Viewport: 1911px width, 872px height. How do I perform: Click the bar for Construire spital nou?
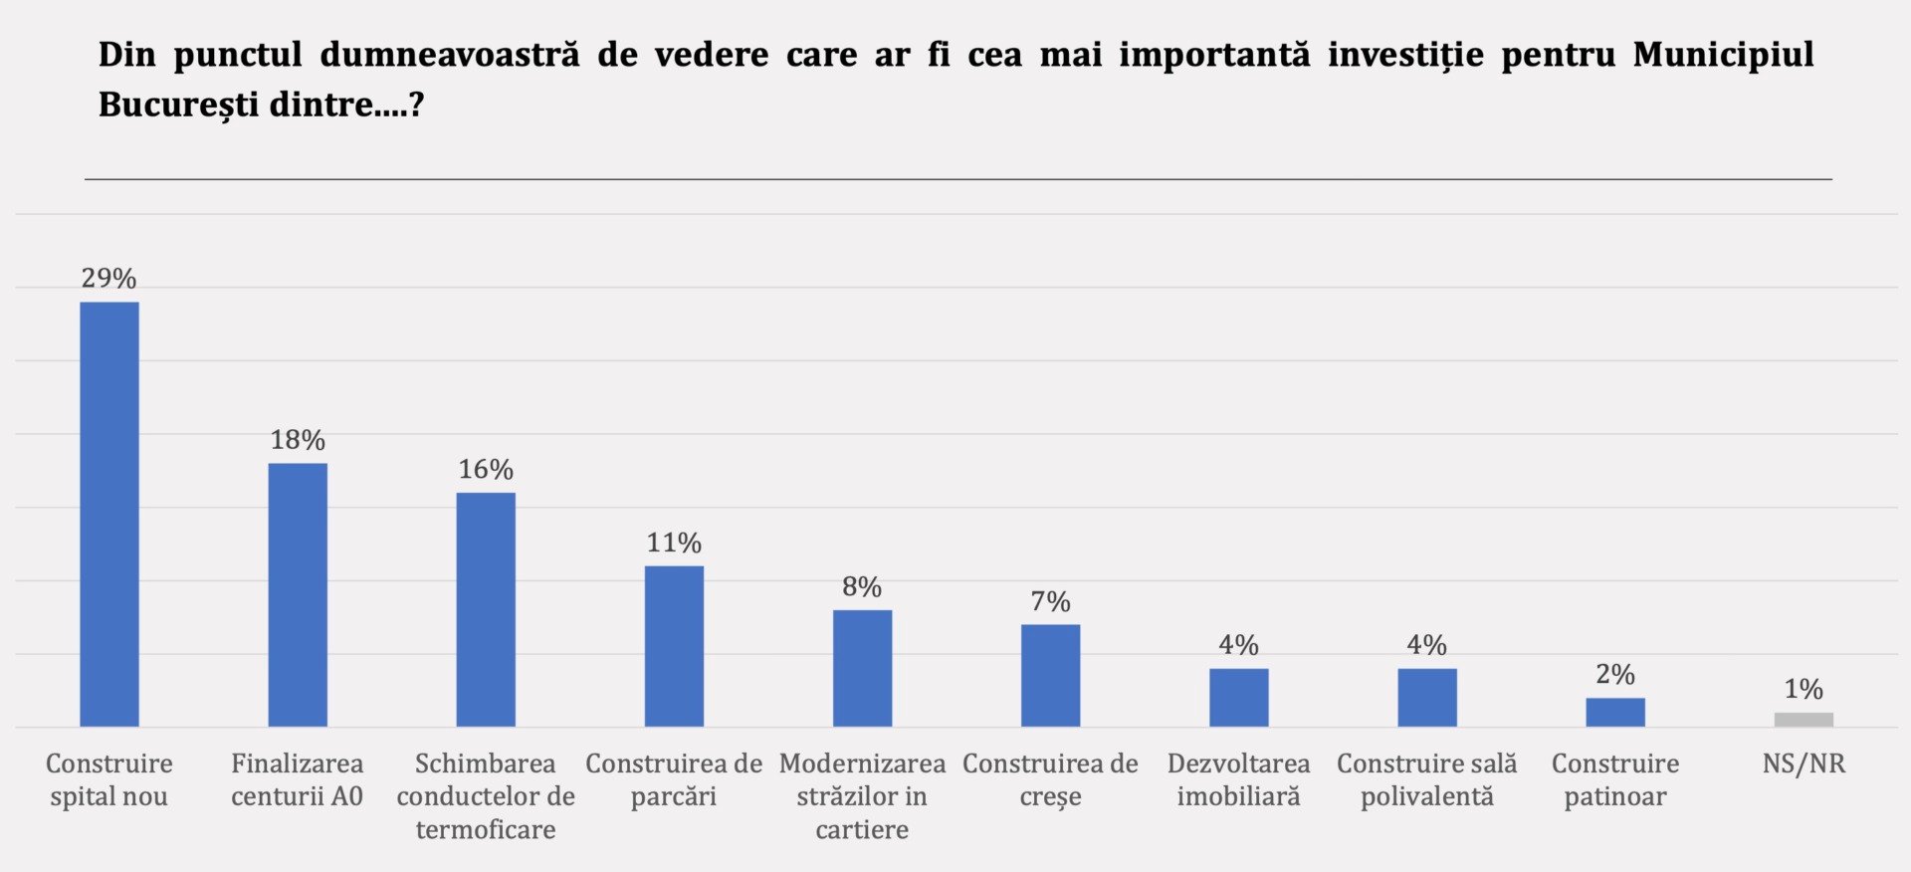(x=109, y=514)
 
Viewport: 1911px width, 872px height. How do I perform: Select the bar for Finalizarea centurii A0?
(x=298, y=594)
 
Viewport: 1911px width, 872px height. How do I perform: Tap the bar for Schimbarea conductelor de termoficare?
(x=486, y=609)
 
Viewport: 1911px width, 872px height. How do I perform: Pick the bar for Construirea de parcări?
(x=674, y=646)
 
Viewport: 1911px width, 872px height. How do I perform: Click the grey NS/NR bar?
(x=1804, y=720)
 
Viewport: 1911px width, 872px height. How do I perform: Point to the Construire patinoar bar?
(x=1615, y=712)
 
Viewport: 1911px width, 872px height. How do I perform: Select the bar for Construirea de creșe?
(x=1050, y=675)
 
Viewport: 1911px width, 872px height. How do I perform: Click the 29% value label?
(x=109, y=279)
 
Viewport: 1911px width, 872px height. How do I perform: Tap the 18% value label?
(x=298, y=440)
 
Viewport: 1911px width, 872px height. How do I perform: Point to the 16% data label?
(x=486, y=470)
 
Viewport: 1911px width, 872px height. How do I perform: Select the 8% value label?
(x=862, y=587)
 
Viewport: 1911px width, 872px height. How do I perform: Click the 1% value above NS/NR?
(x=1804, y=689)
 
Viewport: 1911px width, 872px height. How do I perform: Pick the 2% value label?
(x=1615, y=675)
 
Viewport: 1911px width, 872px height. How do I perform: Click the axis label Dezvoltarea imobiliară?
(x=1238, y=779)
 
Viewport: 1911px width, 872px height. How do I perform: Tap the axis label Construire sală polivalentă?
(x=1426, y=779)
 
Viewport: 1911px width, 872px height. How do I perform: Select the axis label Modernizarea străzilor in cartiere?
(x=862, y=796)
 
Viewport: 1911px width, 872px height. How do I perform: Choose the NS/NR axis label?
(x=1804, y=763)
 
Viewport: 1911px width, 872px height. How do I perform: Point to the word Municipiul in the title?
(x=1723, y=55)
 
